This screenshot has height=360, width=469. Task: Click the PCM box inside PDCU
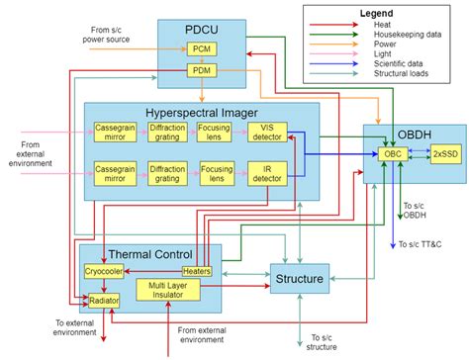click(201, 49)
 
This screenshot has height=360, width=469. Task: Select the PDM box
click(201, 71)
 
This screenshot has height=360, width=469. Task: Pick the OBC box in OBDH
click(392, 154)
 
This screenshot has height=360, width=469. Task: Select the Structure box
click(299, 280)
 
